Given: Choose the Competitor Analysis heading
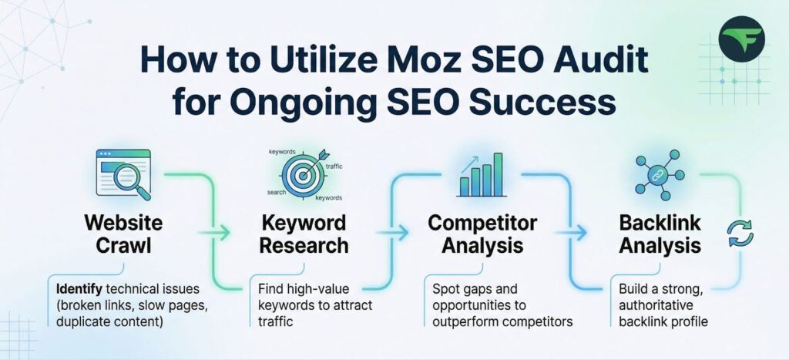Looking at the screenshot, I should point(483,234).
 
